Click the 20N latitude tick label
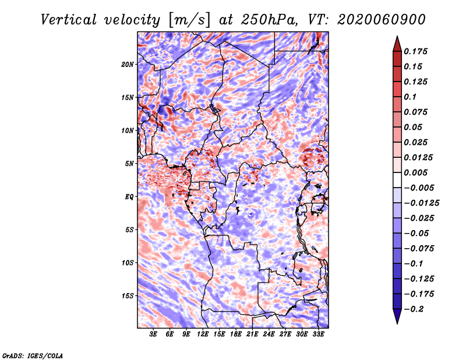[x=128, y=64]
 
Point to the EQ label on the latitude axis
[x=129, y=197]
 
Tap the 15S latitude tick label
[x=128, y=296]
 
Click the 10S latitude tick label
[x=128, y=263]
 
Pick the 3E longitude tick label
[x=154, y=335]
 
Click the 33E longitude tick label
[x=318, y=335]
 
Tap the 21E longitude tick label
[x=252, y=335]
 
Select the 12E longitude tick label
[x=203, y=335]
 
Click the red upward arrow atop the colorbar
[x=397, y=42]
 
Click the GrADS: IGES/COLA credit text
[x=32, y=355]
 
